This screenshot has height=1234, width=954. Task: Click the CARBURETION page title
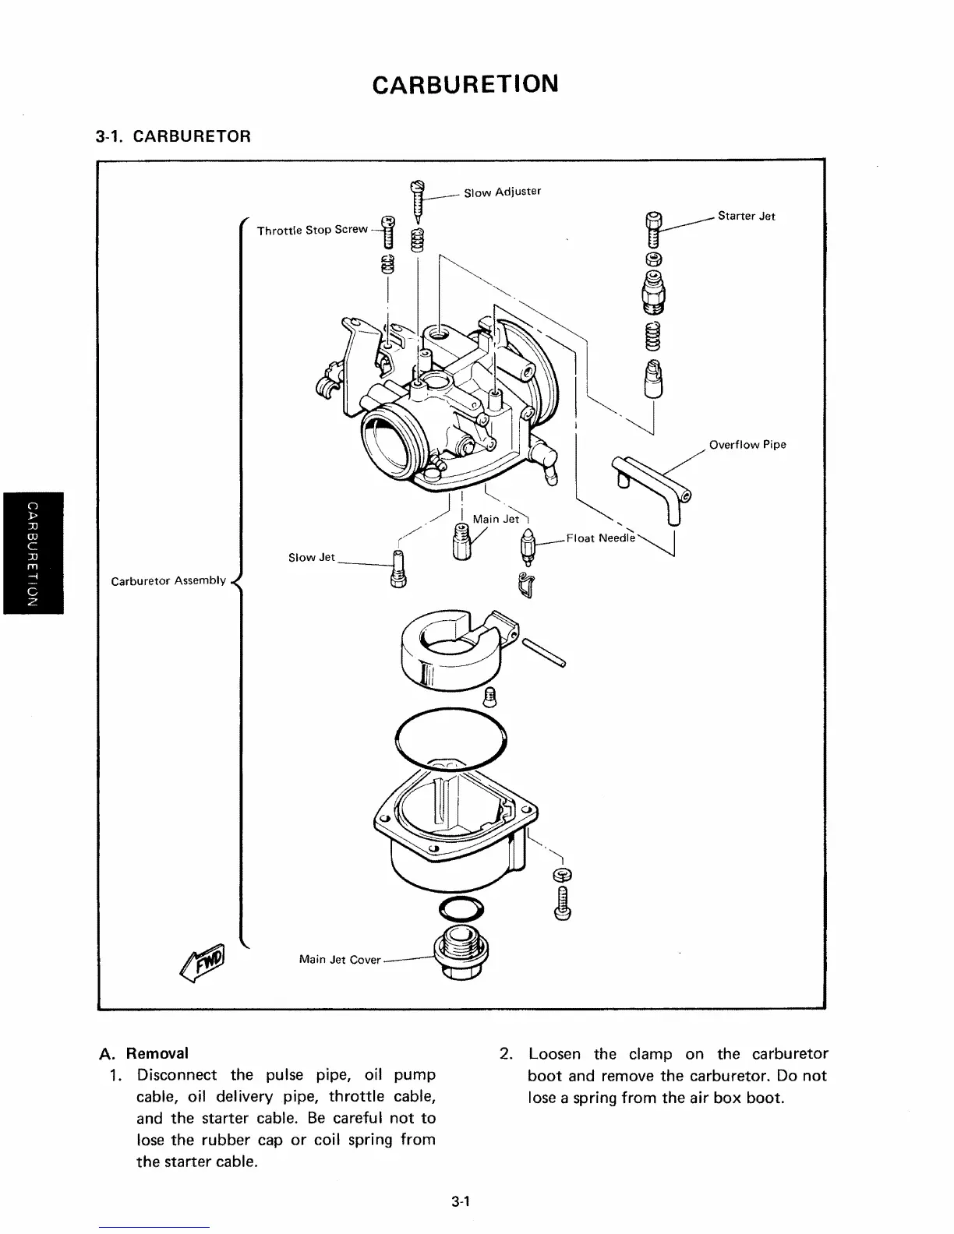click(x=465, y=83)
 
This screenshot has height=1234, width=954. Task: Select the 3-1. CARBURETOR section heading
click(x=172, y=137)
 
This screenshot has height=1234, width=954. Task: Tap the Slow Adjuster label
click(x=502, y=192)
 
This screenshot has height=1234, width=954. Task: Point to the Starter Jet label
click(x=746, y=216)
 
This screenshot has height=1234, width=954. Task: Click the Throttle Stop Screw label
click(x=312, y=230)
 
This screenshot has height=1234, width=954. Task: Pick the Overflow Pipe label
click(x=747, y=445)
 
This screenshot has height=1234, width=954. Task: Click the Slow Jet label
click(x=311, y=557)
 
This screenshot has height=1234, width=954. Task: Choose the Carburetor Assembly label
click(x=168, y=580)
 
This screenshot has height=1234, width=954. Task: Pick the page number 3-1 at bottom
click(x=458, y=1202)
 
